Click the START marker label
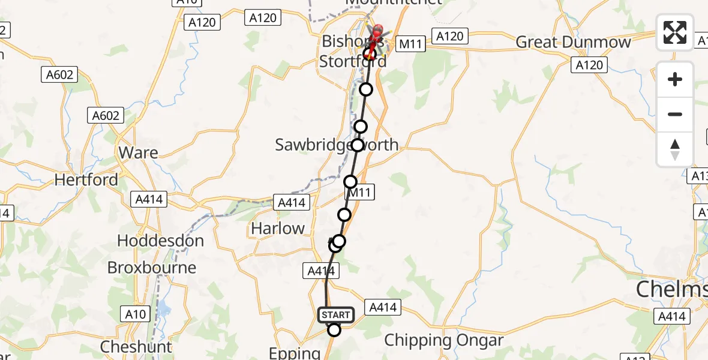pyautogui.click(x=336, y=315)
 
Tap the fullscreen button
pyautogui.click(x=675, y=32)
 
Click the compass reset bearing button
pyautogui.click(x=675, y=149)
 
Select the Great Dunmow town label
pyautogui.click(x=574, y=42)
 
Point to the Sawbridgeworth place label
pyautogui.click(x=336, y=145)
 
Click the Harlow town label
pyautogui.click(x=278, y=228)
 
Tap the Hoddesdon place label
pyautogui.click(x=160, y=241)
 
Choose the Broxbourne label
pyautogui.click(x=152, y=267)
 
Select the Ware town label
pyautogui.click(x=139, y=152)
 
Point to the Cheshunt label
pyautogui.click(x=136, y=346)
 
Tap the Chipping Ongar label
pyautogui.click(x=443, y=340)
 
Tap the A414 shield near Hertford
pyautogui.click(x=149, y=199)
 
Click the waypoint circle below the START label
pyautogui.click(x=334, y=330)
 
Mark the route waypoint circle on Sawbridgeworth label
pyautogui.click(x=358, y=145)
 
